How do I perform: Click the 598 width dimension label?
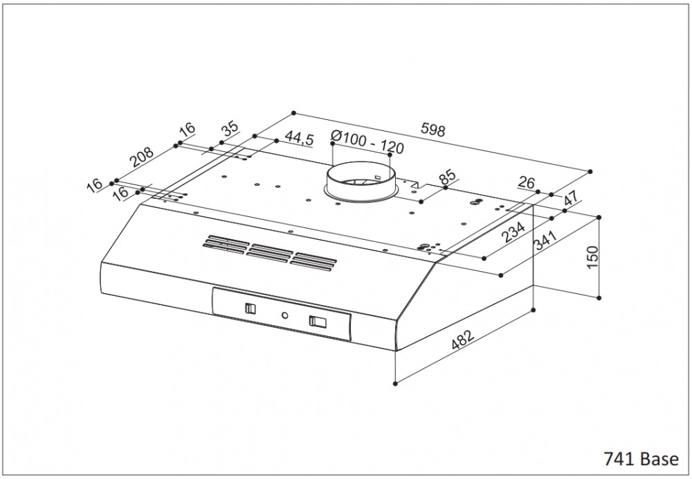(433, 130)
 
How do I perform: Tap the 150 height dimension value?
(593, 257)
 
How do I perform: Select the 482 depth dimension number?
(462, 340)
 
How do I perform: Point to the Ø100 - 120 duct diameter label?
(367, 142)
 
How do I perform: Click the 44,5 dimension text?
(299, 138)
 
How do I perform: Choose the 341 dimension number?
(545, 239)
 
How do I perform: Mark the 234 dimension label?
(513, 232)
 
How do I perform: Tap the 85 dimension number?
(447, 177)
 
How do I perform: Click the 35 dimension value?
(230, 128)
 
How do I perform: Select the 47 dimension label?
(571, 198)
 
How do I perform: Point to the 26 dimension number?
(526, 182)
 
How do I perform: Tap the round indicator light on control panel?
(285, 316)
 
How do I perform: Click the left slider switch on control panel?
(251, 308)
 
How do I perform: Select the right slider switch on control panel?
(318, 322)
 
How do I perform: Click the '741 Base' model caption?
(641, 459)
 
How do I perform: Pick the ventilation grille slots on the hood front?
(270, 252)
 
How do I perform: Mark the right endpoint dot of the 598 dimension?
(590, 171)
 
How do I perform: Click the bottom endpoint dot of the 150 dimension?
(599, 297)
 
